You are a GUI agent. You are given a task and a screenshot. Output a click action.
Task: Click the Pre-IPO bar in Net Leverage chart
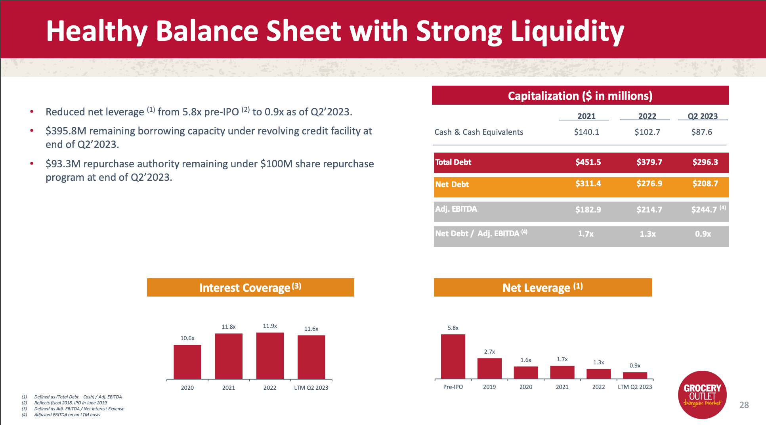[453, 356]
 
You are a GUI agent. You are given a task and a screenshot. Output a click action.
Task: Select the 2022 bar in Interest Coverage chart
[270, 356]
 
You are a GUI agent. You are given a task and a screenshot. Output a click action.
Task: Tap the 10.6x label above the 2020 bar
[187, 338]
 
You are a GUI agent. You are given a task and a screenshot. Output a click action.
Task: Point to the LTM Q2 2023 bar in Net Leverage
[635, 375]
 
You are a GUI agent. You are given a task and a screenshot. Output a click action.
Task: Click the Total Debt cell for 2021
[588, 162]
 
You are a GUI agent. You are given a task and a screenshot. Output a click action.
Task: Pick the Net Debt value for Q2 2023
[705, 184]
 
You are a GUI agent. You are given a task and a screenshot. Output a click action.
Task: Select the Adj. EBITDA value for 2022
[649, 210]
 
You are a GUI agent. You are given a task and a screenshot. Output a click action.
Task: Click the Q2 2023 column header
[703, 116]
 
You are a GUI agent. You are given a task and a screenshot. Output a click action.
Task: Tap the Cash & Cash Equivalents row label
[479, 132]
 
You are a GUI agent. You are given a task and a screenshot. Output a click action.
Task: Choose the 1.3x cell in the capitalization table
[648, 234]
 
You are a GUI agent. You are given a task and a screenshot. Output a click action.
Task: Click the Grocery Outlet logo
[702, 394]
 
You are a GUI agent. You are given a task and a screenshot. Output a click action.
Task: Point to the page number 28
[744, 405]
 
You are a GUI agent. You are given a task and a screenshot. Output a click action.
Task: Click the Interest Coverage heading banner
[250, 287]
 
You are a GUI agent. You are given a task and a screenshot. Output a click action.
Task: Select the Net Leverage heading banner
[543, 287]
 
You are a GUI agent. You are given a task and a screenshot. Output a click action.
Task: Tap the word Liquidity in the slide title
[567, 32]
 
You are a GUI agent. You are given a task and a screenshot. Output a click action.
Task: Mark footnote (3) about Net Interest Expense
[79, 409]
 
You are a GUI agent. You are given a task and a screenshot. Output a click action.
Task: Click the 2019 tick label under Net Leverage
[489, 387]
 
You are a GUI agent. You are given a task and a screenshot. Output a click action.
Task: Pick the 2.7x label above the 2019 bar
[489, 352]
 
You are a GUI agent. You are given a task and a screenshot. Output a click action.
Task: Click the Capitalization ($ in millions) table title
[580, 96]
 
